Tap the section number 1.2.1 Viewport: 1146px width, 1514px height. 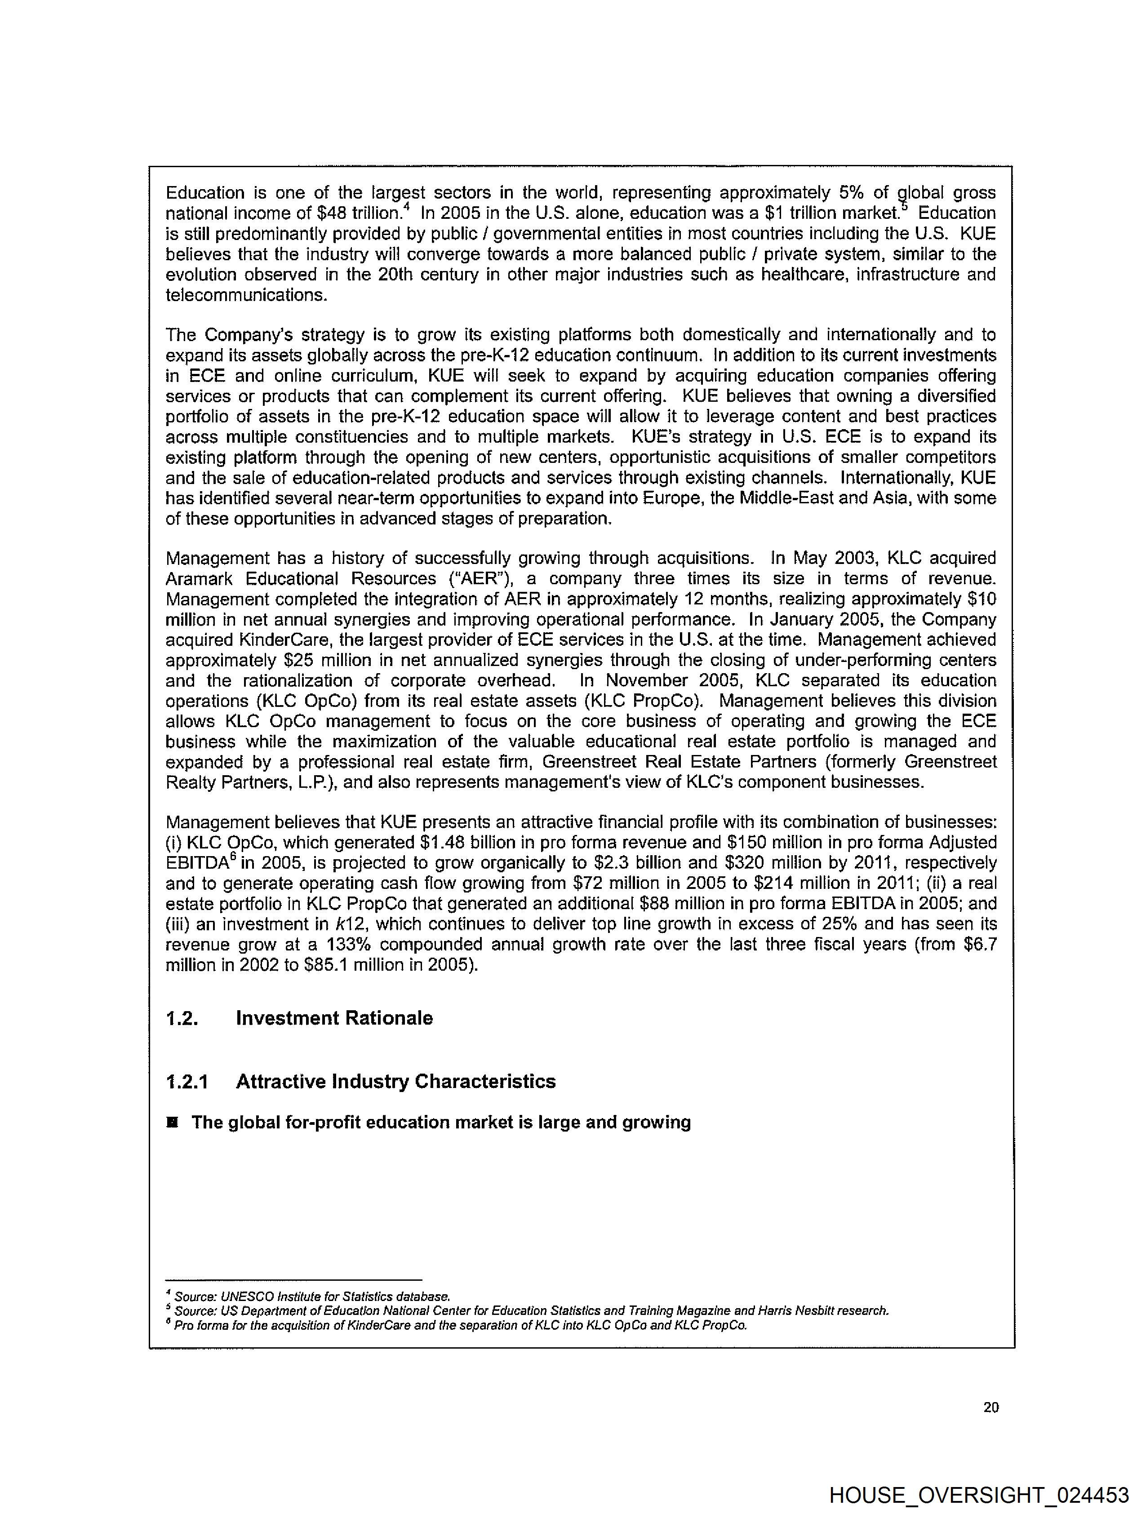[x=187, y=1081]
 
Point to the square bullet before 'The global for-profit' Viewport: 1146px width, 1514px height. [x=173, y=1123]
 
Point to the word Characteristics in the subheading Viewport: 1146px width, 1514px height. [x=484, y=1081]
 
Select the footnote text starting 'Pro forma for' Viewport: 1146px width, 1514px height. [x=460, y=1325]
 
